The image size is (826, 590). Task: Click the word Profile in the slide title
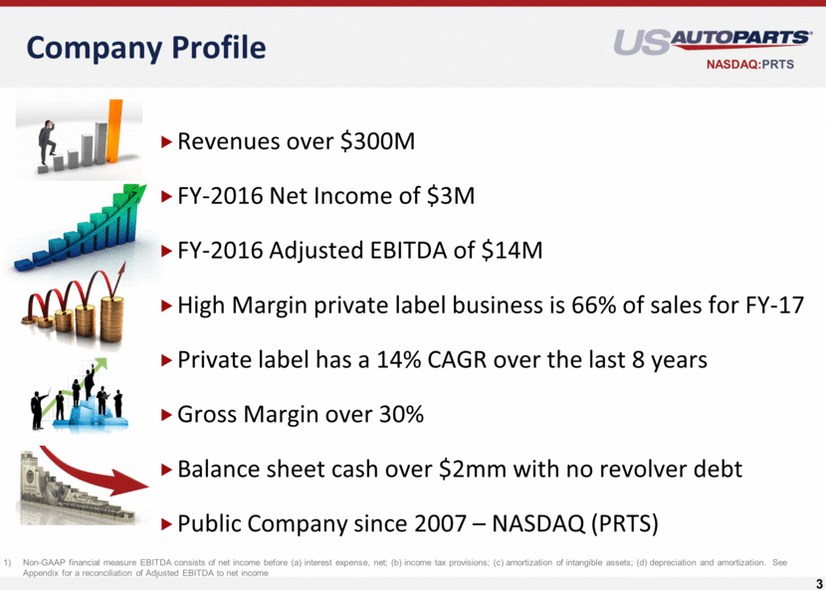tap(219, 48)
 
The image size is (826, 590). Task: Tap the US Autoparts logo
tap(713, 43)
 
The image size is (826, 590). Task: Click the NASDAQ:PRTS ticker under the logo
tap(750, 65)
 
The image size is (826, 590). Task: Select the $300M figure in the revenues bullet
tap(378, 141)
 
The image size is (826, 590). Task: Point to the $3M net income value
tap(451, 196)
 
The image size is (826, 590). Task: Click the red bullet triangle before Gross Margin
tap(166, 415)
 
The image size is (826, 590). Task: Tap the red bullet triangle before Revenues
tap(166, 141)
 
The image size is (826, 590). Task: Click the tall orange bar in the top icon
tap(114, 131)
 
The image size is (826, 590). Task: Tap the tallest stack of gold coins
tap(111, 319)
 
